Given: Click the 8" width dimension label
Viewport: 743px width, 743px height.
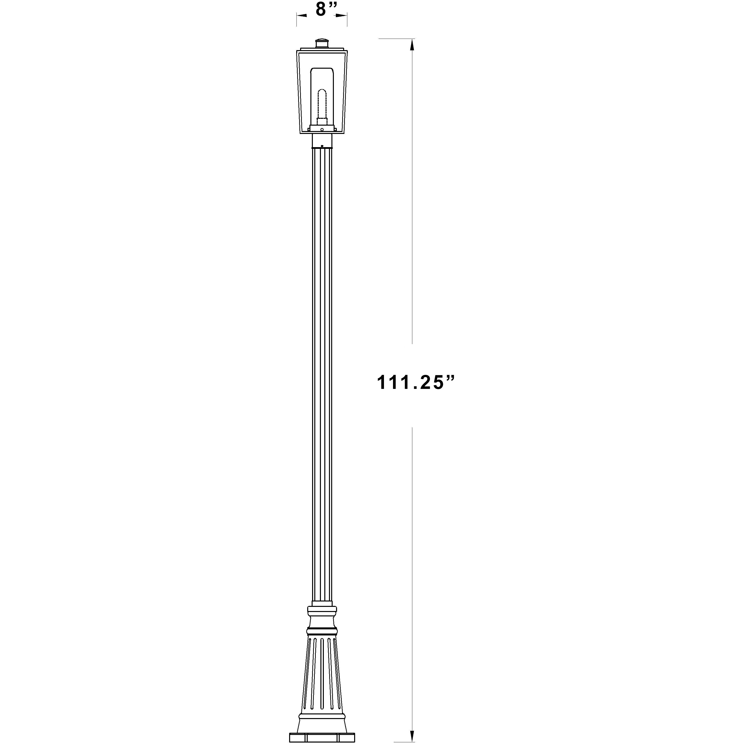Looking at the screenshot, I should [326, 9].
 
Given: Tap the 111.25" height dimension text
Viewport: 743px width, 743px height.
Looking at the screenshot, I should [415, 383].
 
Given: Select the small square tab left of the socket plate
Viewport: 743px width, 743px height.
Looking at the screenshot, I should [309, 130].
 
